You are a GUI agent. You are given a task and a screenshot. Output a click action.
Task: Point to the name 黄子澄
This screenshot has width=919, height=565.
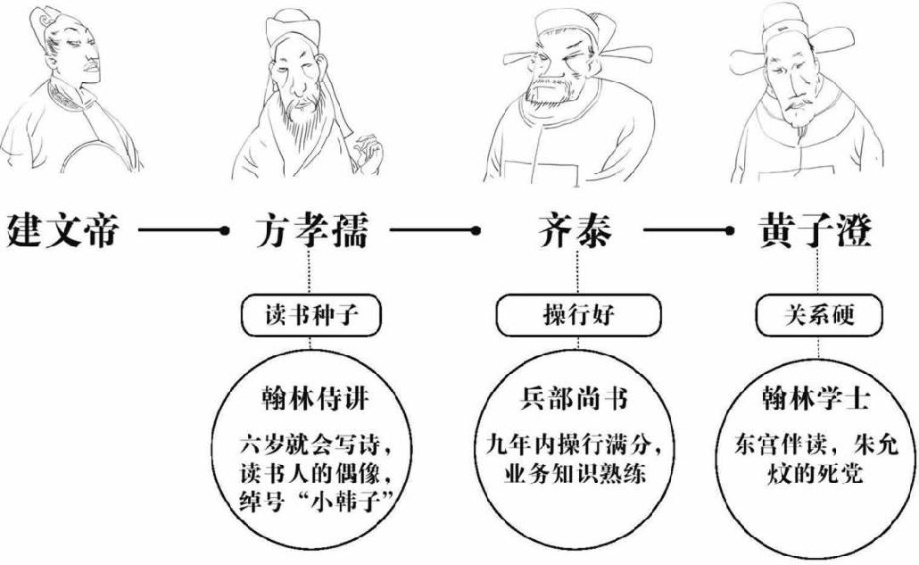pos(817,231)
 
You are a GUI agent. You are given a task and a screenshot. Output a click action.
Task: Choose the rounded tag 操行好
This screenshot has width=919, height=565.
pos(578,314)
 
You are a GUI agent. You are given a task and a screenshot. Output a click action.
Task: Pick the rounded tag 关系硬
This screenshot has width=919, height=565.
pos(817,314)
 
